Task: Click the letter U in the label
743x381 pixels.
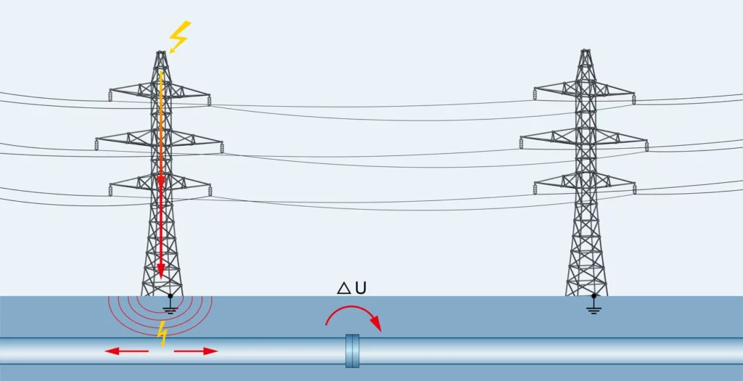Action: coord(360,288)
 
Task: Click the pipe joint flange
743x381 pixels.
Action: coord(353,351)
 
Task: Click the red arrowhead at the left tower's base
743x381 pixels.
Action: coord(161,274)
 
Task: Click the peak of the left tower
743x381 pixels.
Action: coord(161,53)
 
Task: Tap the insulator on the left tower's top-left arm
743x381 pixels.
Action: coord(111,95)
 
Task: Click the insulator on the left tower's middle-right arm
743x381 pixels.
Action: coord(221,147)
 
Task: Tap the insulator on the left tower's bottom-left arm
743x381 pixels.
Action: coord(110,191)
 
